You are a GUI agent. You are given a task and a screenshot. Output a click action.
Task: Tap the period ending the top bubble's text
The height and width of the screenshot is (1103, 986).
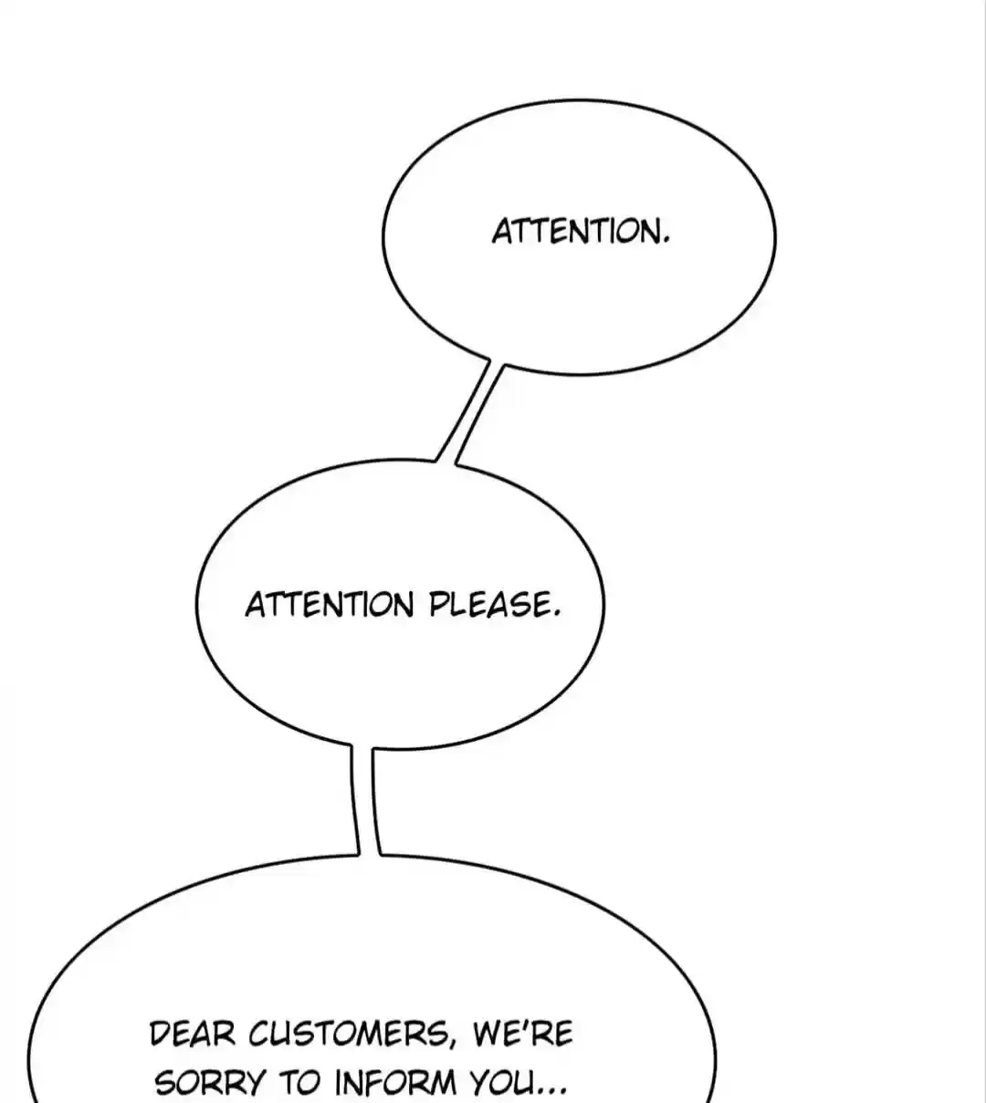[x=666, y=241]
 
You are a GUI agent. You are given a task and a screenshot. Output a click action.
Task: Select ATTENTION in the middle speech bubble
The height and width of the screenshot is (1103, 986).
[x=330, y=605]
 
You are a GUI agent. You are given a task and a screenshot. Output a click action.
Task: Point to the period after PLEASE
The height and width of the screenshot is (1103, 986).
[x=556, y=615]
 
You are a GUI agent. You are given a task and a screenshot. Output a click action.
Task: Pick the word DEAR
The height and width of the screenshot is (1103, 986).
[x=193, y=1034]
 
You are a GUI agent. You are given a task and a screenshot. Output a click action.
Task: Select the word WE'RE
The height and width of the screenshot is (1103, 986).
[x=523, y=1033]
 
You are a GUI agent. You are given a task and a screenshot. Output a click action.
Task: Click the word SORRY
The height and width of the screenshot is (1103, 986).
[x=210, y=1082]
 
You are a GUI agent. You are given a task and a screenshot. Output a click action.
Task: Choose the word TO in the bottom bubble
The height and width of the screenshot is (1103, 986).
[x=299, y=1082]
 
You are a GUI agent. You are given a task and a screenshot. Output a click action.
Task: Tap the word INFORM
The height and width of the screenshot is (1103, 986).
[x=395, y=1082]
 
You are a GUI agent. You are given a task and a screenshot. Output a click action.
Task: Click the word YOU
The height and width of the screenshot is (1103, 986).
[x=502, y=1082]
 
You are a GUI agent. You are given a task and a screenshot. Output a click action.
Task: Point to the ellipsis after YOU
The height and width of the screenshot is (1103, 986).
[x=551, y=1091]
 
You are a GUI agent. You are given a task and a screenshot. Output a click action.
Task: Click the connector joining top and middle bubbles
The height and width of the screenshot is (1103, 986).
[x=469, y=414]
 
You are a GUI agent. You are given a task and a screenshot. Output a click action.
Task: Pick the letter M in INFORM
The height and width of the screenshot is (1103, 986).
[x=441, y=1082]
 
